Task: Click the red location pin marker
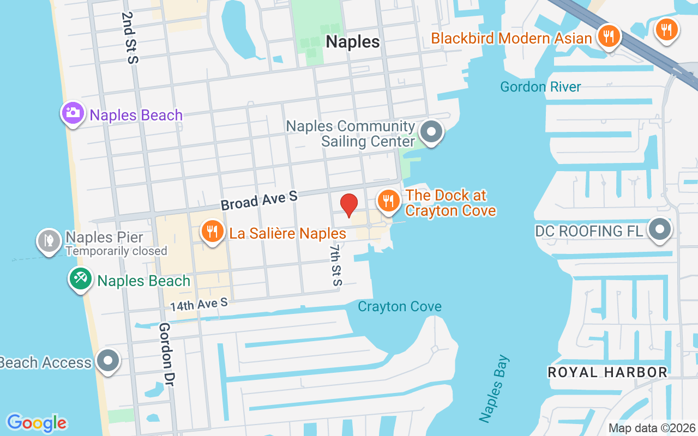click(x=349, y=205)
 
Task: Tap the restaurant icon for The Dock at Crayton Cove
click(x=388, y=201)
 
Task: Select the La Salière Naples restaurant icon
click(x=212, y=232)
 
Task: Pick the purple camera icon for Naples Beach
click(x=73, y=113)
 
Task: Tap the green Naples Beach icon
click(x=80, y=278)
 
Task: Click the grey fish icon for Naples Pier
click(x=49, y=240)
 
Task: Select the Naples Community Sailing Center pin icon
click(x=432, y=132)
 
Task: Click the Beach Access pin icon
click(x=107, y=360)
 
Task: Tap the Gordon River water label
click(x=540, y=87)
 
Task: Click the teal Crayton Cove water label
click(x=399, y=307)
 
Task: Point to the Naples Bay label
click(x=495, y=388)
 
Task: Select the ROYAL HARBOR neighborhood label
click(x=607, y=372)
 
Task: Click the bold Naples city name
click(x=352, y=42)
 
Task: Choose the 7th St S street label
click(x=335, y=265)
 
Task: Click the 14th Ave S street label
click(x=198, y=304)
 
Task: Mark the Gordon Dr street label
click(x=166, y=355)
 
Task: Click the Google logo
click(x=37, y=423)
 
